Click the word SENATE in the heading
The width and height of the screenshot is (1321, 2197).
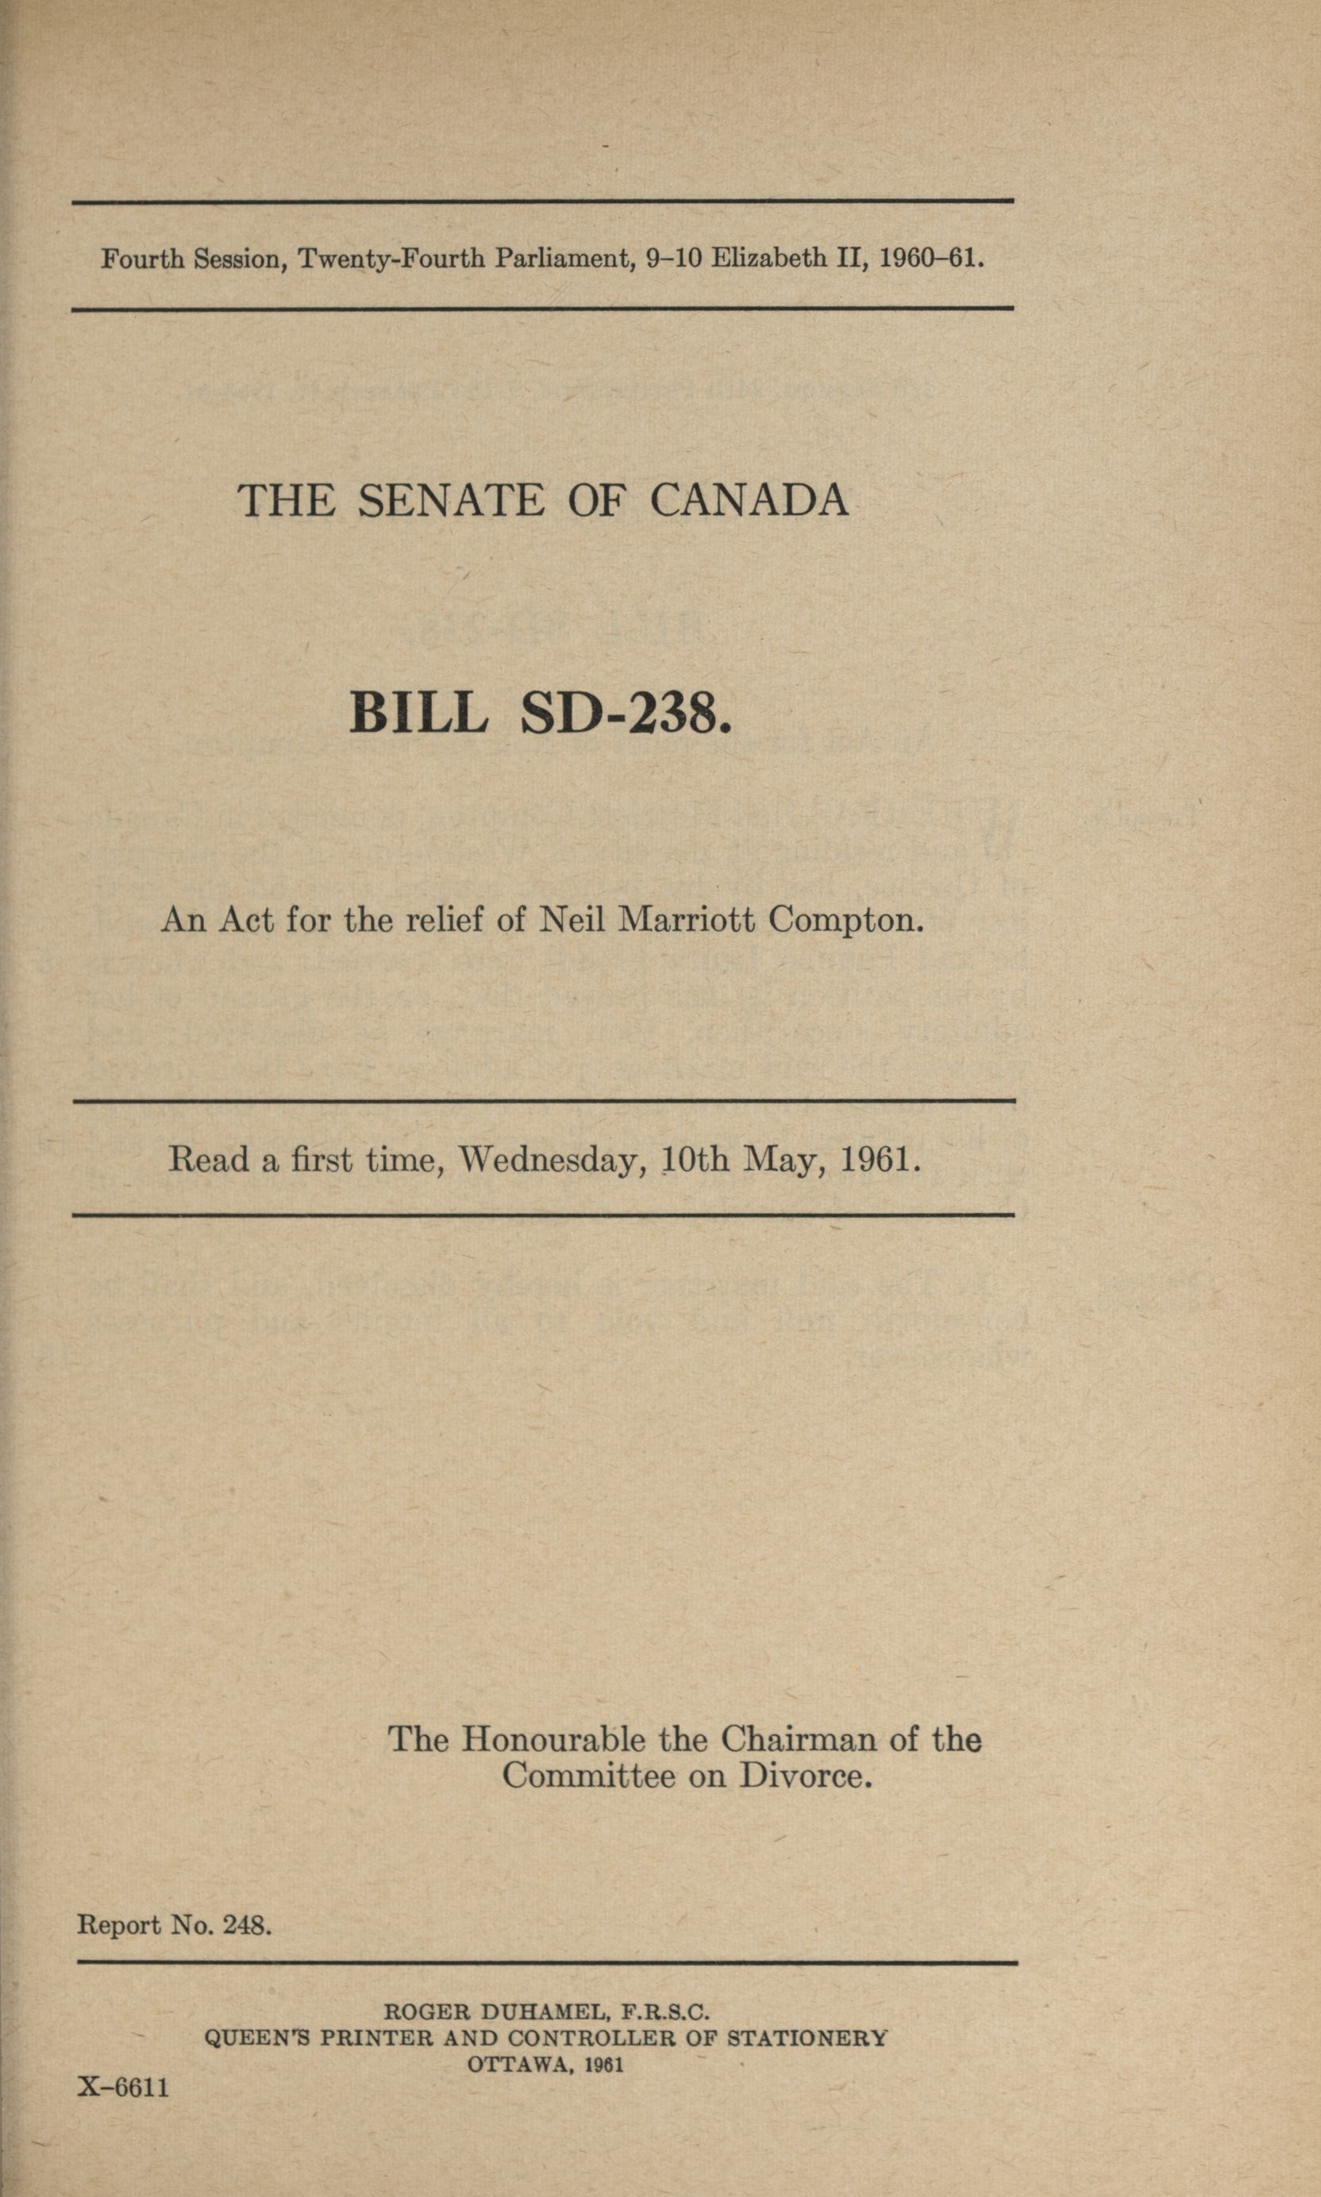(450, 500)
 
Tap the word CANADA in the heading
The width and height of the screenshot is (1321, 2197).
(749, 500)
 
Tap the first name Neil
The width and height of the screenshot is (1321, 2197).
(572, 918)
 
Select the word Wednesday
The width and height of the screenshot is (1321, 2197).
(552, 1160)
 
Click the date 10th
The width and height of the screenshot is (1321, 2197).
(695, 1160)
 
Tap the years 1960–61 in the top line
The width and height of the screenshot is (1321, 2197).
(931, 258)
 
